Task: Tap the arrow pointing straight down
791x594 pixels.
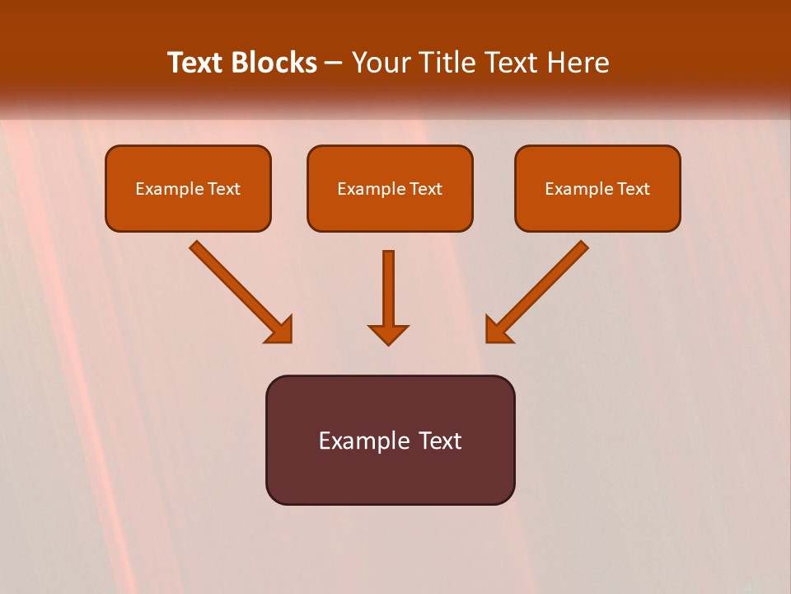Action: [x=388, y=293]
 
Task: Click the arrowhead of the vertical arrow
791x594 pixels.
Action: [x=388, y=334]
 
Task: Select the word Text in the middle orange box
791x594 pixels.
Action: [x=426, y=189]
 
